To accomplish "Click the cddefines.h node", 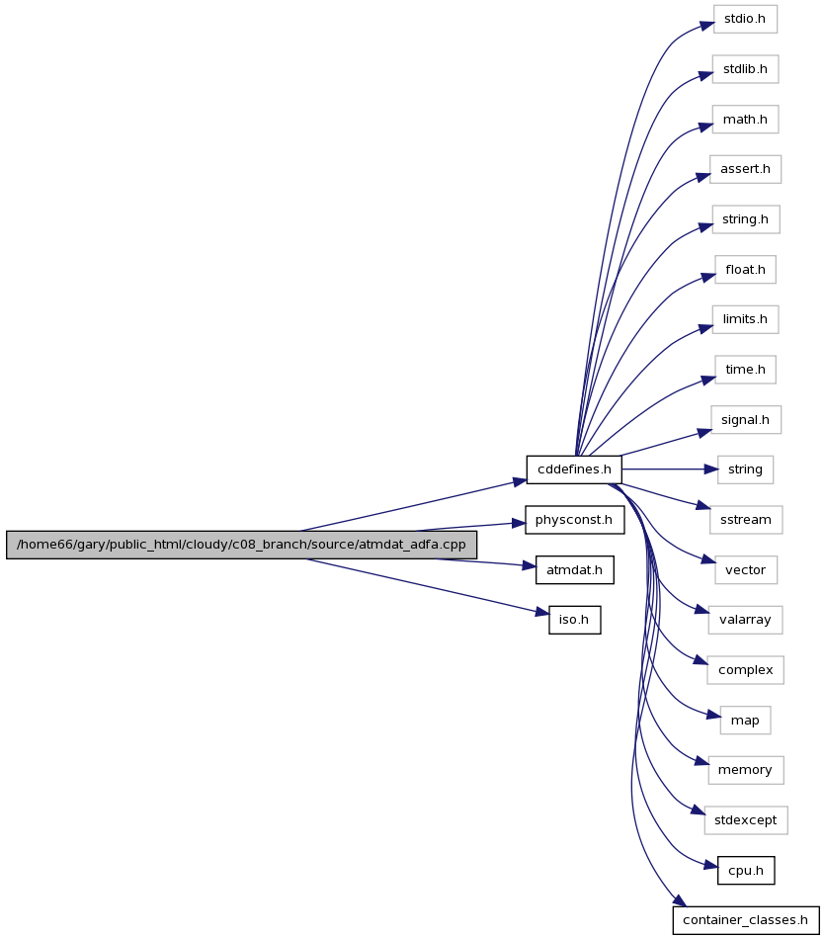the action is pos(574,469).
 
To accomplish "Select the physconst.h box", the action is pos(574,520).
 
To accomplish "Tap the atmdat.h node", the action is pos(574,570).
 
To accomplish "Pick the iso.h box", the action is pos(574,620).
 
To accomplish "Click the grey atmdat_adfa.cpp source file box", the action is pos(241,545).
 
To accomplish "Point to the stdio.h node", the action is pos(745,19).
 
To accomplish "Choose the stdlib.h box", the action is pos(745,69).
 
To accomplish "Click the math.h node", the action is pos(745,119).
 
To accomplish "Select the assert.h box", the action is pos(745,169).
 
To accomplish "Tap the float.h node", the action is pos(745,270).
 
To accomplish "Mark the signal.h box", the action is pos(746,420).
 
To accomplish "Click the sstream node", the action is pos(746,520).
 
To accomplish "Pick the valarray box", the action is pos(746,620).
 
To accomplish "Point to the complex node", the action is pos(746,670).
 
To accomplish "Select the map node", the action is pos(745,721).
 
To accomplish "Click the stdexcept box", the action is pos(746,820).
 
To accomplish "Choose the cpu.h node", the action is pos(746,871).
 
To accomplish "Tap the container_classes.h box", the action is pos(746,920).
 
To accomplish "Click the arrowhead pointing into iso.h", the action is pos(542,612).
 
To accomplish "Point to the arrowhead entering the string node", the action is pos(710,469).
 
